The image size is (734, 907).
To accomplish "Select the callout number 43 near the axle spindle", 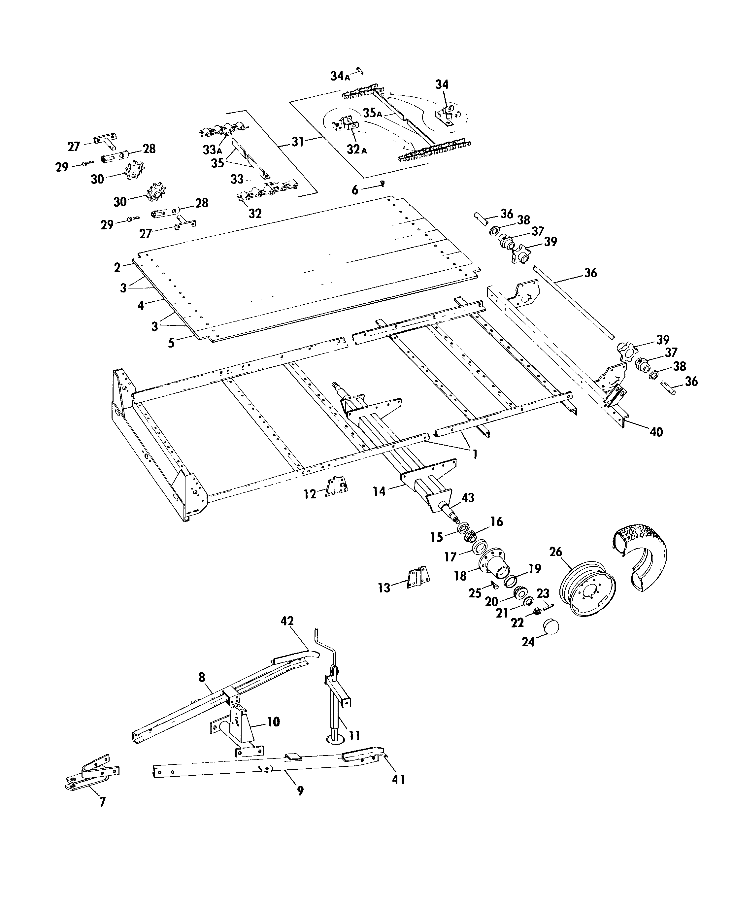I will click(468, 498).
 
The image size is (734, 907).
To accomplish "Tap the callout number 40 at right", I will click(656, 432).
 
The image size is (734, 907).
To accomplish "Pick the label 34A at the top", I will click(340, 76).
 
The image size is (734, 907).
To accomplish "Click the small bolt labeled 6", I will click(383, 183).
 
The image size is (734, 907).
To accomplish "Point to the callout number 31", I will click(297, 142).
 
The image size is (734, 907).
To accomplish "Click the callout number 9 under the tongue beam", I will click(300, 791).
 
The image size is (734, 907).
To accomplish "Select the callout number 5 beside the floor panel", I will click(171, 343).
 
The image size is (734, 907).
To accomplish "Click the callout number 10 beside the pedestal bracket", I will click(274, 722).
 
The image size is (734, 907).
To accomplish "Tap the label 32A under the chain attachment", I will click(356, 149).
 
